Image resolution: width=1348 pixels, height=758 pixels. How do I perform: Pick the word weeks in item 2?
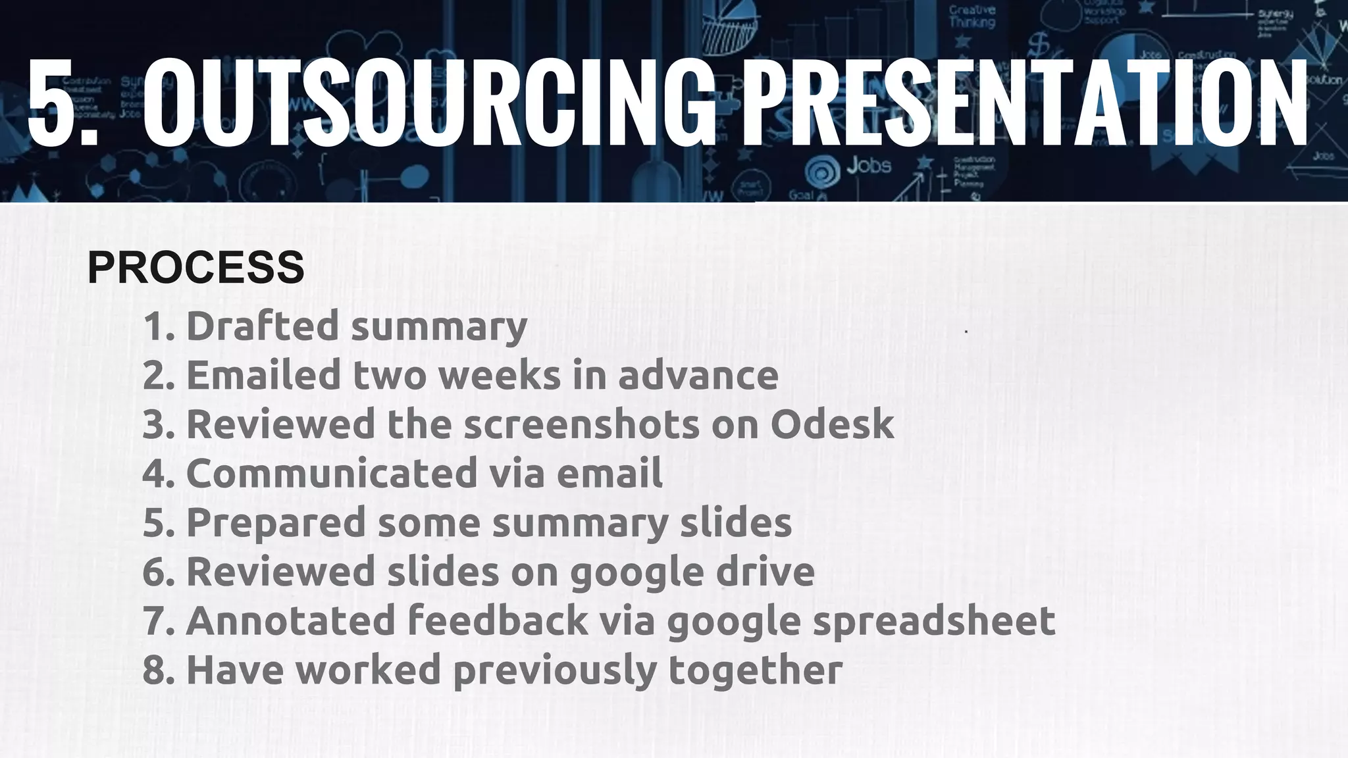click(x=500, y=375)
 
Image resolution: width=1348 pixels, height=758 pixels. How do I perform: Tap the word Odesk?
click(x=832, y=424)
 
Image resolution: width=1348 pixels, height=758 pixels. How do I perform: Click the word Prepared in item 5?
click(x=276, y=522)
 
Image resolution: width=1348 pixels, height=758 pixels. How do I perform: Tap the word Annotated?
click(x=290, y=620)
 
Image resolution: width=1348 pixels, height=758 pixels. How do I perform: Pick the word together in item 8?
click(x=755, y=670)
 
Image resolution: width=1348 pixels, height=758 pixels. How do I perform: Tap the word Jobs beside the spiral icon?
click(x=869, y=165)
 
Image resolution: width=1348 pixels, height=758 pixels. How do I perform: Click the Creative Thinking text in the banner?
click(x=972, y=16)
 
